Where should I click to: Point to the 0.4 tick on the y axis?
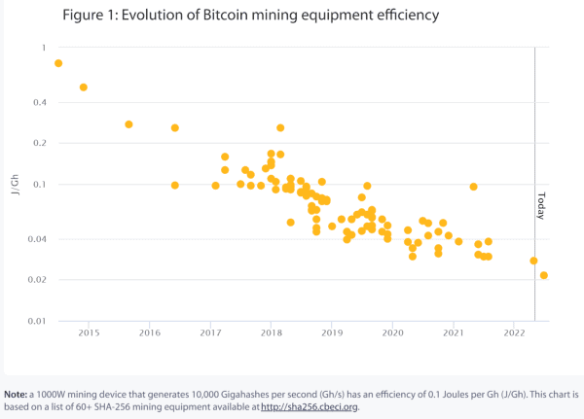[x=40, y=103]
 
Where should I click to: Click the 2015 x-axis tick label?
[x=89, y=333]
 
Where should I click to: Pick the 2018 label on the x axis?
[x=271, y=333]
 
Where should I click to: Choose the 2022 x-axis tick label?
[x=514, y=333]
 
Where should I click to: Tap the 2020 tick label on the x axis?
[x=392, y=333]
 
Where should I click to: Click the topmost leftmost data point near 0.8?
[x=58, y=63]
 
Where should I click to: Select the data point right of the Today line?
[x=544, y=275]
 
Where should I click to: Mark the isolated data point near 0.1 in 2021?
[x=474, y=187]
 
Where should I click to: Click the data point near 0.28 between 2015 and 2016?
[x=128, y=124]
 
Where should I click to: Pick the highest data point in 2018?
[x=280, y=127]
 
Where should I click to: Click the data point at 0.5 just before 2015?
[x=84, y=87]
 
